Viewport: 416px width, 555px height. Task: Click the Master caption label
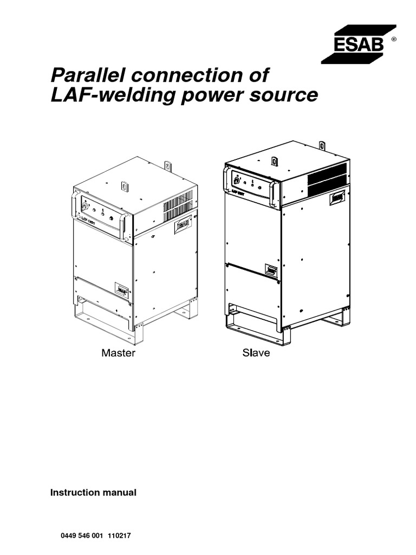coord(118,354)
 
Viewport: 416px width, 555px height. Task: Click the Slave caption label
coord(255,354)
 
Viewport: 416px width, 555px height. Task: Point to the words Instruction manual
coord(93,492)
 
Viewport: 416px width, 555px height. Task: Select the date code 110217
coord(120,535)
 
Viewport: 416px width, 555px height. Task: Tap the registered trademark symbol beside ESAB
coord(393,39)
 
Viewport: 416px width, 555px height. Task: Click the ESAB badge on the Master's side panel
coord(183,227)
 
